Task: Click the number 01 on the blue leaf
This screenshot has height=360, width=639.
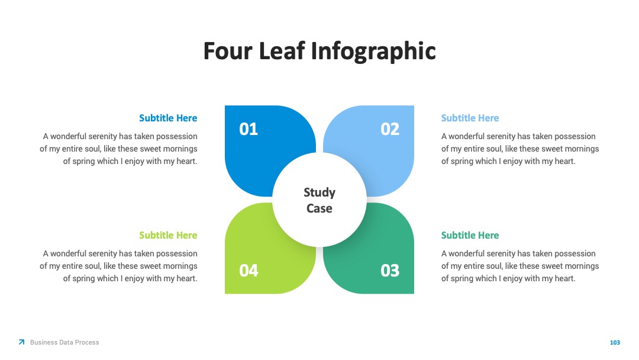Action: (248, 129)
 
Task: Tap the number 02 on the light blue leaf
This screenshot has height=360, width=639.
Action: (390, 129)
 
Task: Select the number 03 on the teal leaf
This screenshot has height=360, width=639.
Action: (390, 271)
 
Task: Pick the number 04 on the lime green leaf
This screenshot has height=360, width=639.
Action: (248, 271)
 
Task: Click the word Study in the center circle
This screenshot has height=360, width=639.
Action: (319, 192)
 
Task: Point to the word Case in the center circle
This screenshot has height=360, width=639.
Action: (319, 208)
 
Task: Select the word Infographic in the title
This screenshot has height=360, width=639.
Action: (374, 52)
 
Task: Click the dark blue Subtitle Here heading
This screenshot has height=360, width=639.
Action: (168, 118)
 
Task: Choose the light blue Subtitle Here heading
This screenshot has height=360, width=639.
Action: (470, 118)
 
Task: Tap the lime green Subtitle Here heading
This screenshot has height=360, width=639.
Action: (168, 235)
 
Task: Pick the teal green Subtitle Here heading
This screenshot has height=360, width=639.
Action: (470, 235)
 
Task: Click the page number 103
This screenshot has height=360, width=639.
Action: (615, 342)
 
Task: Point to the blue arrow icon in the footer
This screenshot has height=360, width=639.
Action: (22, 342)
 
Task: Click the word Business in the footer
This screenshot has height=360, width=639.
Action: (43, 342)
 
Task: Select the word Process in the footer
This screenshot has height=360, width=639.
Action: (87, 342)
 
